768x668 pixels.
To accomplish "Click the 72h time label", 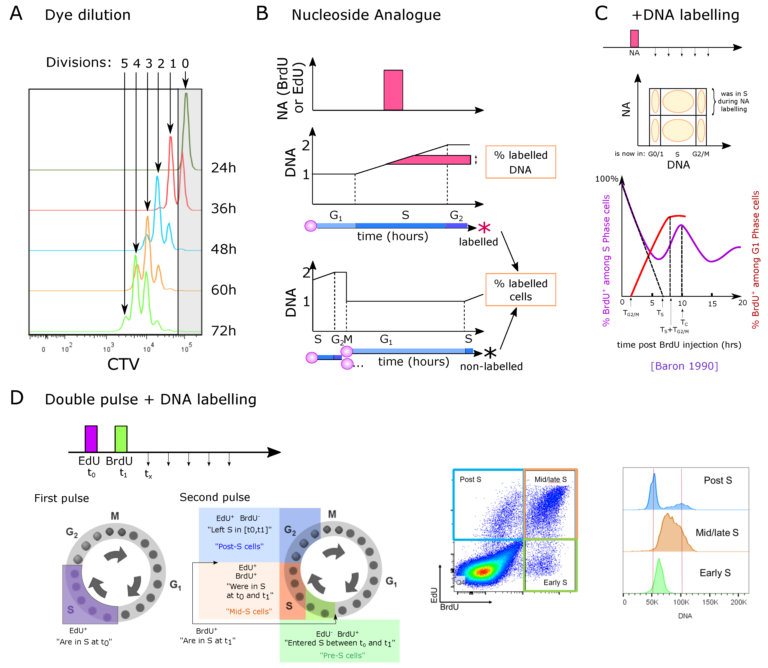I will pyautogui.click(x=223, y=331).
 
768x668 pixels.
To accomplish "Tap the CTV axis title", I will pyautogui.click(x=123, y=364).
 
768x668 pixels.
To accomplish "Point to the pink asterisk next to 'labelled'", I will pyautogui.click(x=484, y=228).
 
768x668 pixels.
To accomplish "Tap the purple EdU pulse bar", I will pyautogui.click(x=91, y=439).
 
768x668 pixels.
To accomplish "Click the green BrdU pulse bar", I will pyautogui.click(x=121, y=439).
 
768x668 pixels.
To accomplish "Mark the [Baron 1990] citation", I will pyautogui.click(x=684, y=366).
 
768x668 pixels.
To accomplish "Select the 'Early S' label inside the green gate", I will pyautogui.click(x=555, y=583).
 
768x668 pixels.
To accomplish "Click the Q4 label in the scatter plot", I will pyautogui.click(x=461, y=582).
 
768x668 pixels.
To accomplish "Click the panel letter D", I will pyautogui.click(x=17, y=398).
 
